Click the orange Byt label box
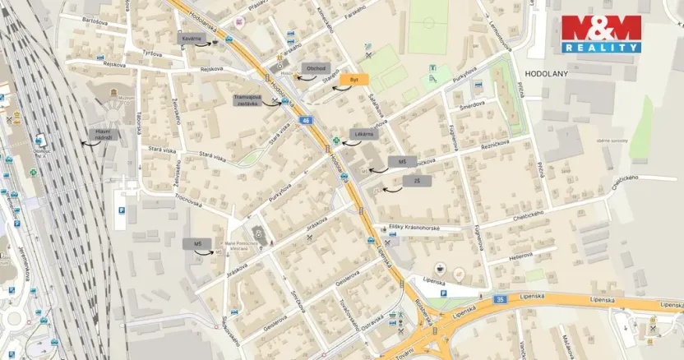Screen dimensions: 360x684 (x=354, y=79)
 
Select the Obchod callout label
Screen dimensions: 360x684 (x=315, y=68)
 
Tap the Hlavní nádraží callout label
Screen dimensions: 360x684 (x=103, y=133)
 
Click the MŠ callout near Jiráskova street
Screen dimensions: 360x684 (x=197, y=244)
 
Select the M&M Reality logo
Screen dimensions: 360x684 (x=601, y=34)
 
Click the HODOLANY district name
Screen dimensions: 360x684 (x=545, y=73)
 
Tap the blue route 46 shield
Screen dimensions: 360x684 (x=306, y=121)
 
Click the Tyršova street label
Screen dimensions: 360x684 (x=151, y=52)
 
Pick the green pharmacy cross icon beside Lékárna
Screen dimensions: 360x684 (x=335, y=141)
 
